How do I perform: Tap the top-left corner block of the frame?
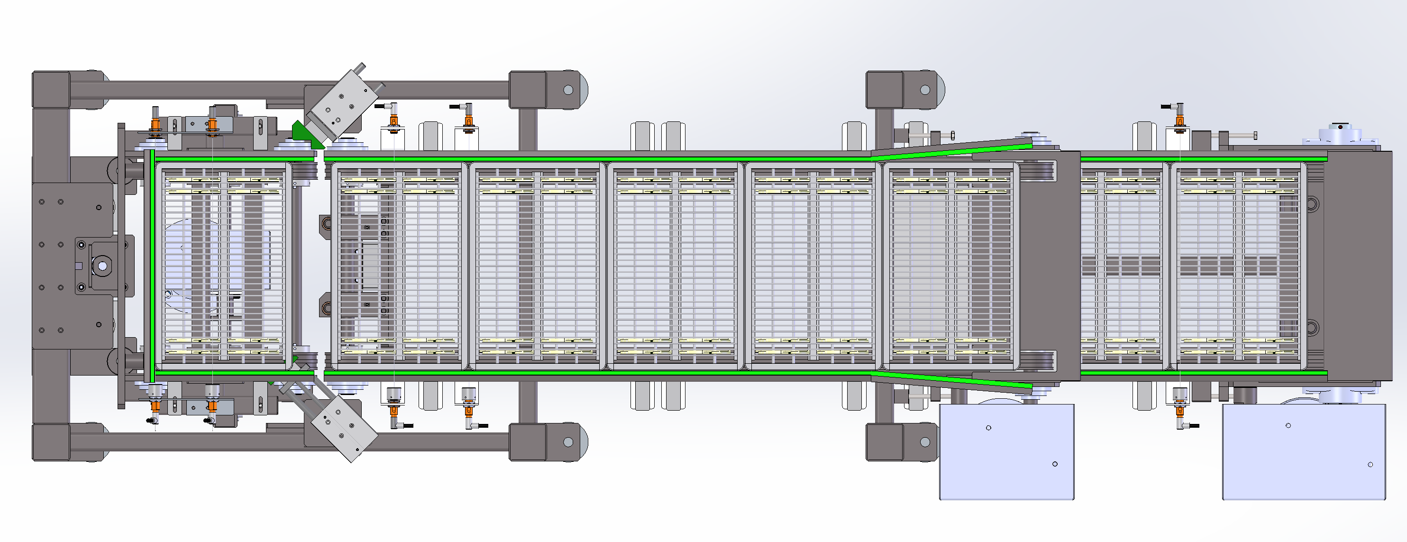click(51, 90)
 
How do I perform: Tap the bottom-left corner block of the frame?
click(51, 442)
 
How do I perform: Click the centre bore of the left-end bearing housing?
click(102, 266)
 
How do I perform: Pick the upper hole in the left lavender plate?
click(988, 428)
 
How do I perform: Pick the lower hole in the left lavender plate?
click(1055, 464)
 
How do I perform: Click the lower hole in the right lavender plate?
click(1370, 464)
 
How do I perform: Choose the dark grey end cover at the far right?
click(1360, 266)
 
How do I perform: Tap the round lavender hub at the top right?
click(1339, 133)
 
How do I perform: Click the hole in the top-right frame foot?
click(925, 90)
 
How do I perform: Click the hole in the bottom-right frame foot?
click(925, 442)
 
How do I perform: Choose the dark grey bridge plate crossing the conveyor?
click(1049, 266)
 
